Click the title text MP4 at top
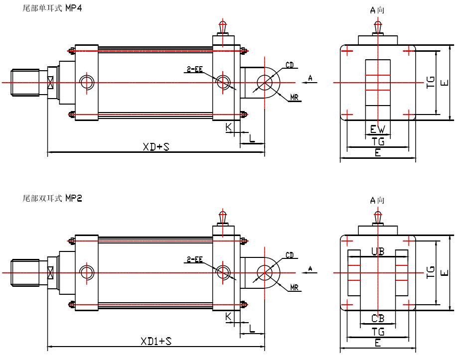(x=74, y=9)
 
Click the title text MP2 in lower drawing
(x=74, y=198)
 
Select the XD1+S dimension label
(x=156, y=341)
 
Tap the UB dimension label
(x=378, y=252)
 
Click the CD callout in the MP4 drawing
(x=290, y=65)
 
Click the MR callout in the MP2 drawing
(x=294, y=288)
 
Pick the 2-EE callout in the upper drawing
(x=195, y=70)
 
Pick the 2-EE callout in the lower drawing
(x=195, y=259)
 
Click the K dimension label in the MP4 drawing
(x=229, y=127)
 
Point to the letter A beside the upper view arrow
(x=310, y=77)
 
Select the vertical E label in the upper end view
(x=449, y=82)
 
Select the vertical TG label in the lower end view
(x=431, y=272)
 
